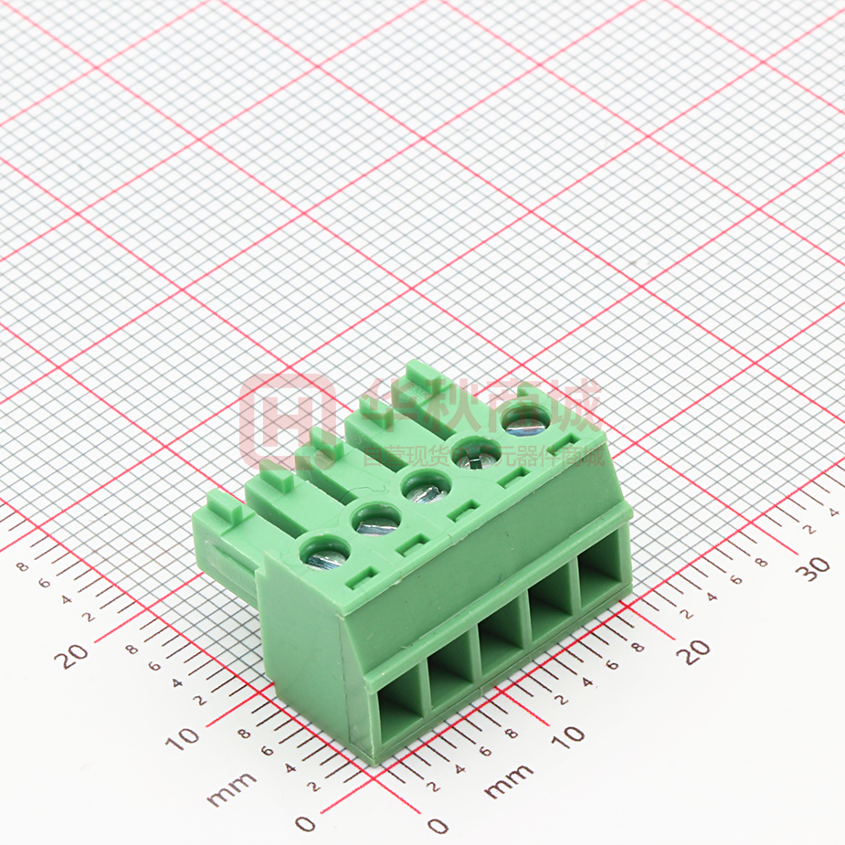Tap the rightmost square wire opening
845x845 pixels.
(x=599, y=576)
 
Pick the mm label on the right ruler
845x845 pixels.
(x=508, y=781)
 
